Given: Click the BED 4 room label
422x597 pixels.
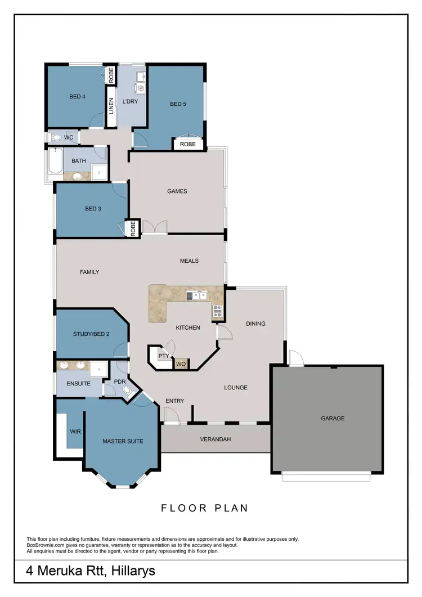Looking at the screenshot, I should [77, 96].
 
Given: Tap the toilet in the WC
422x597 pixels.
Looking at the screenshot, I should [56, 137].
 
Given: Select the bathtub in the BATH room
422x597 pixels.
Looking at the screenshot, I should [55, 163].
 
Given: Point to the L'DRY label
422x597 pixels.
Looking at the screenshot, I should [130, 101].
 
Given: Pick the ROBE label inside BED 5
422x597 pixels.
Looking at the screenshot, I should [188, 144].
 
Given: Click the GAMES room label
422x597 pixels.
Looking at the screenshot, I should [177, 191].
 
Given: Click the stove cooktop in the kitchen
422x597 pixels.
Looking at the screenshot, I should [218, 311].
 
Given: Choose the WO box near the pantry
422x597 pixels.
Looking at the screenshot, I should [181, 364].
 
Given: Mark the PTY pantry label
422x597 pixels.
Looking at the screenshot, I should [163, 356].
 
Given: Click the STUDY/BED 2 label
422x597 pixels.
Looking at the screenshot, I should [91, 334].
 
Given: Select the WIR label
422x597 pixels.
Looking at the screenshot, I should [75, 432].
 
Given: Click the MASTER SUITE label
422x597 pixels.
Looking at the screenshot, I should [122, 441].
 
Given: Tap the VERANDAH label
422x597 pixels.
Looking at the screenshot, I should [216, 439].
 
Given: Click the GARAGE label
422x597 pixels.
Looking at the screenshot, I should [333, 418].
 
